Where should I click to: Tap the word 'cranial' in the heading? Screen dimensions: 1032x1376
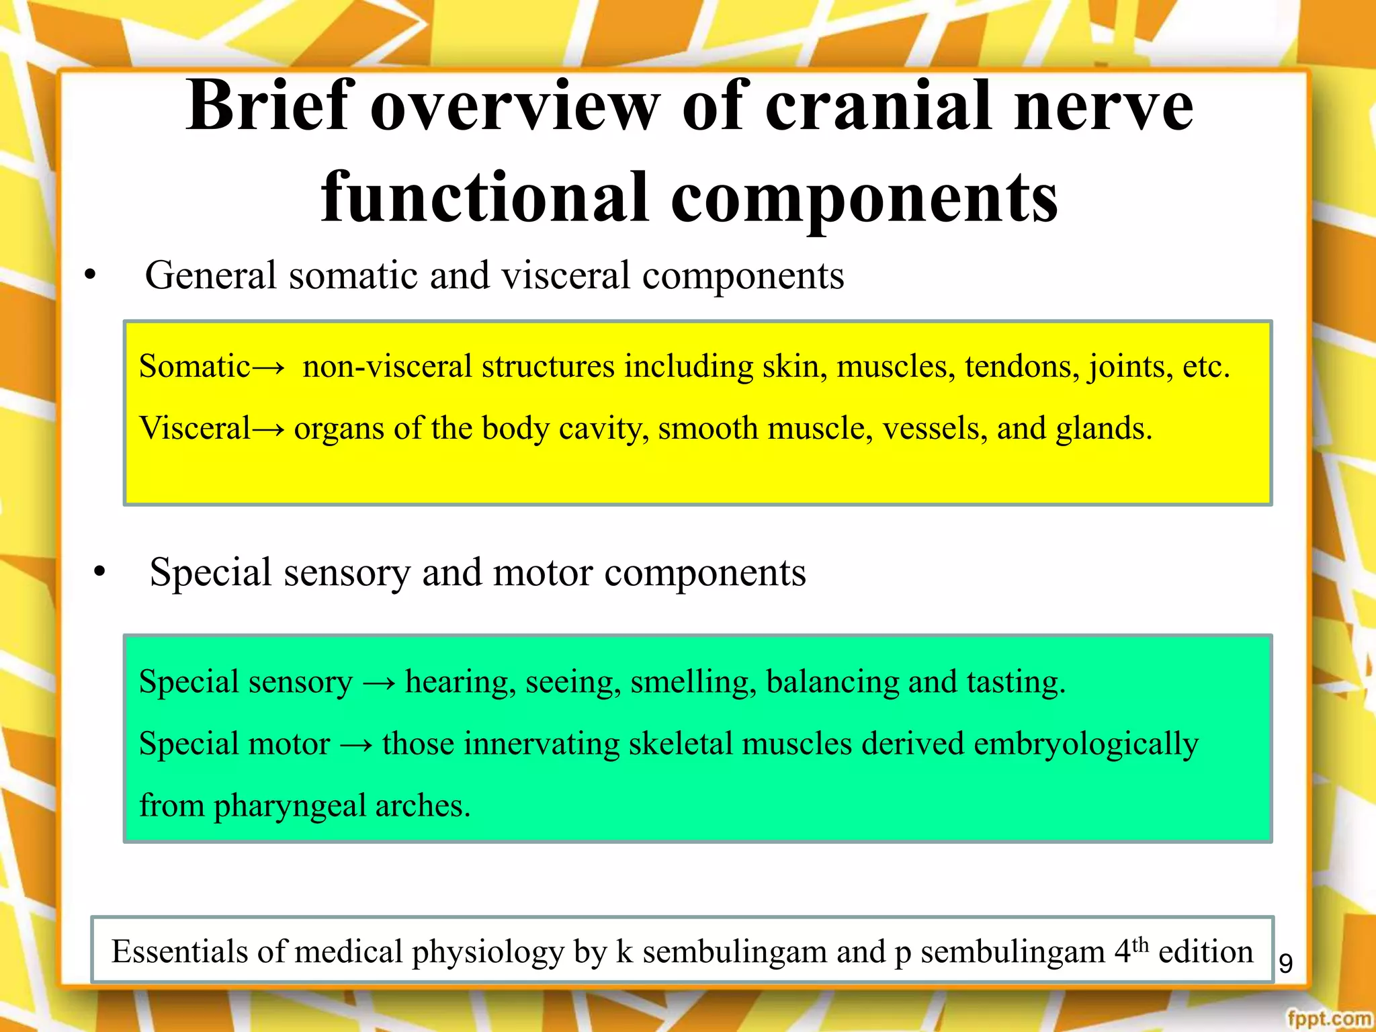pyautogui.click(x=878, y=106)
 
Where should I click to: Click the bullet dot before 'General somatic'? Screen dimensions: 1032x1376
pyautogui.click(x=91, y=276)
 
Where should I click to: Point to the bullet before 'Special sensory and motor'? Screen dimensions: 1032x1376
pyautogui.click(x=100, y=573)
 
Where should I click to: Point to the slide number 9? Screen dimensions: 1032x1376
pyautogui.click(x=1285, y=963)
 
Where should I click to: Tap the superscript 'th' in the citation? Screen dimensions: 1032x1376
pyautogui.click(x=1140, y=943)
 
